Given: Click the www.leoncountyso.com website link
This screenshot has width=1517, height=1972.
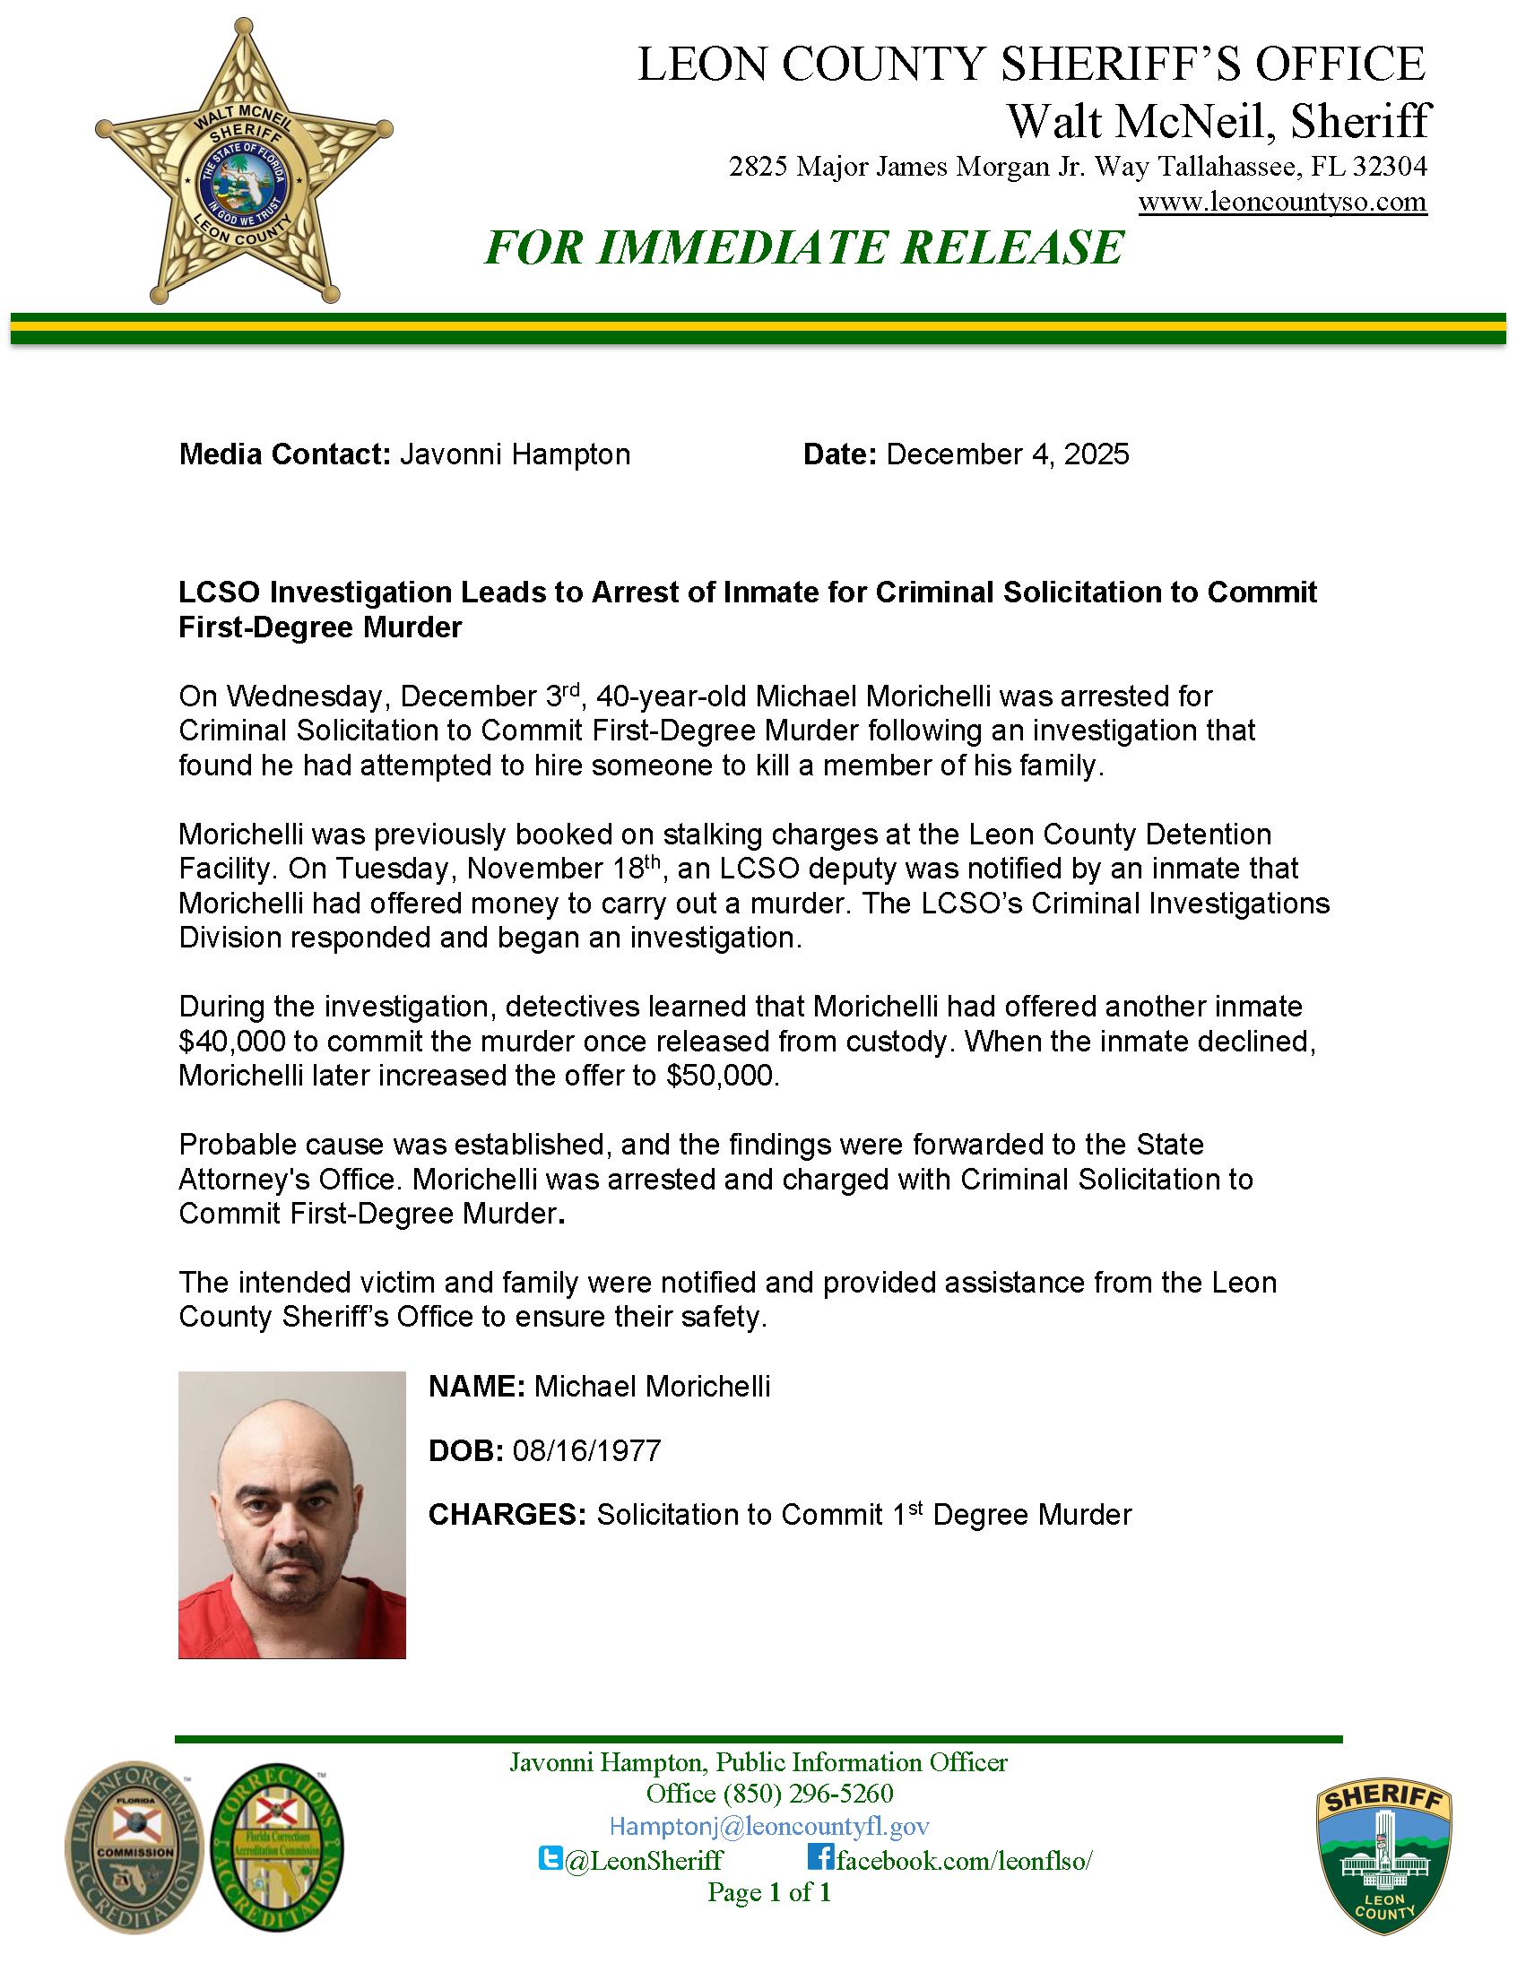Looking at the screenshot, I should pyautogui.click(x=1282, y=202).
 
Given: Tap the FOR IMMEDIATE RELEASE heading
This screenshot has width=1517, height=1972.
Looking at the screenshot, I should pyautogui.click(x=803, y=247).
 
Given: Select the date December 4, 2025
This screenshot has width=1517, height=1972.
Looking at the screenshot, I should pyautogui.click(x=1007, y=454).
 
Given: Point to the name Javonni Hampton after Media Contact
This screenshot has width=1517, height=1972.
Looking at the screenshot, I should pyautogui.click(x=515, y=454).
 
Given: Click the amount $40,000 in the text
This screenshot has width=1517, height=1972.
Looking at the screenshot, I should pyautogui.click(x=232, y=1042).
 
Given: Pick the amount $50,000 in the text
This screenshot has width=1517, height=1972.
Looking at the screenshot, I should pyautogui.click(x=721, y=1076).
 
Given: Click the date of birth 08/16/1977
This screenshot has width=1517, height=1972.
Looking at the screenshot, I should pyautogui.click(x=587, y=1450).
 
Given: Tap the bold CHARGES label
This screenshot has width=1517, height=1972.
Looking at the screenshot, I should pyautogui.click(x=507, y=1515).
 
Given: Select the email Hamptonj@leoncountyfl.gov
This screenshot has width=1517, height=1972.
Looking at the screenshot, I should pyautogui.click(x=769, y=1827).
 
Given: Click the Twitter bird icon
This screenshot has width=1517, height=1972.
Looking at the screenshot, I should pyautogui.click(x=550, y=1857).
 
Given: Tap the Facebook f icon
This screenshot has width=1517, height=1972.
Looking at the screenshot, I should pyautogui.click(x=819, y=1856).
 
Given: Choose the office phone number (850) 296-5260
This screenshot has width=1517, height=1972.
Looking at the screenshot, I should pyautogui.click(x=808, y=1794).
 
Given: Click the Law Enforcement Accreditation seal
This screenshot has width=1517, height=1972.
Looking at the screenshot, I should pyautogui.click(x=134, y=1847).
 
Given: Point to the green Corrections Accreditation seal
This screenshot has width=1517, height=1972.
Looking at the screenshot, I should pyautogui.click(x=277, y=1847).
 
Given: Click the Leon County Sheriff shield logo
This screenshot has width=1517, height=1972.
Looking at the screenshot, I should pyautogui.click(x=1384, y=1855).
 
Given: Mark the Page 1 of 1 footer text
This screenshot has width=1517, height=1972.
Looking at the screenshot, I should pyautogui.click(x=769, y=1891).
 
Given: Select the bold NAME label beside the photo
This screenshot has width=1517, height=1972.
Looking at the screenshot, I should pyautogui.click(x=476, y=1387).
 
